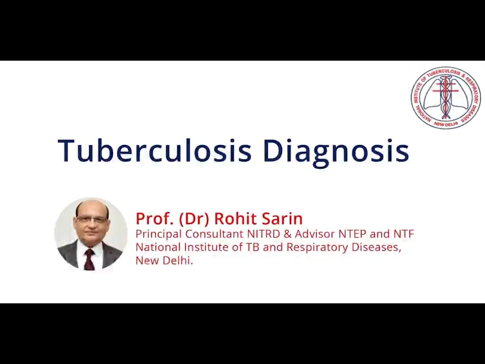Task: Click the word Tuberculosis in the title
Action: (x=154, y=151)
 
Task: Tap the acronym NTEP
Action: (x=353, y=234)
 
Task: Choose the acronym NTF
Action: (x=404, y=234)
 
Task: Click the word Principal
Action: (x=159, y=234)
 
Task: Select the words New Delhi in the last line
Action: (x=164, y=260)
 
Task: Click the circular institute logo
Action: (x=445, y=98)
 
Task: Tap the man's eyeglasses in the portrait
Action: (x=91, y=219)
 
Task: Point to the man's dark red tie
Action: (x=90, y=259)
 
